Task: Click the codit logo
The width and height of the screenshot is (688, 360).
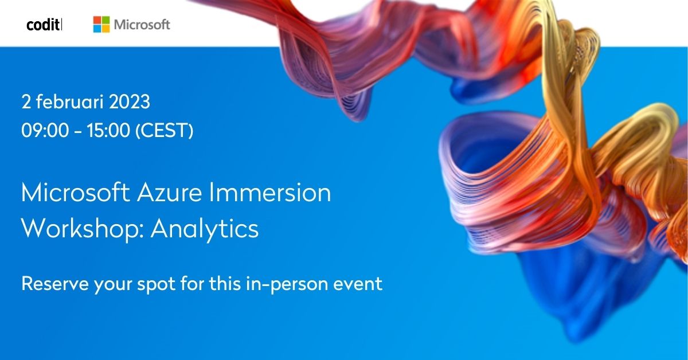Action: click(x=44, y=25)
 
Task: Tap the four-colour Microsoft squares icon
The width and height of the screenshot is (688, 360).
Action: click(x=101, y=24)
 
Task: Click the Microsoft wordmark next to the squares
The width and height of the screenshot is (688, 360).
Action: click(x=142, y=25)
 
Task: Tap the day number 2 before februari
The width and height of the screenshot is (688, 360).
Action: click(x=26, y=103)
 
